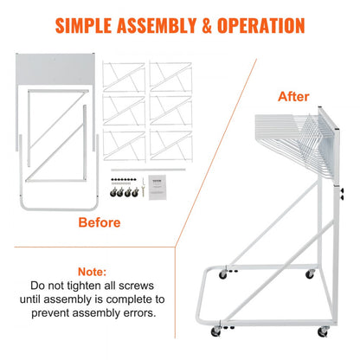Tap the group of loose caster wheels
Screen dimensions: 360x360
(x=123, y=196)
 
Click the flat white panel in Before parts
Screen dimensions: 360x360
(x=52, y=67)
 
